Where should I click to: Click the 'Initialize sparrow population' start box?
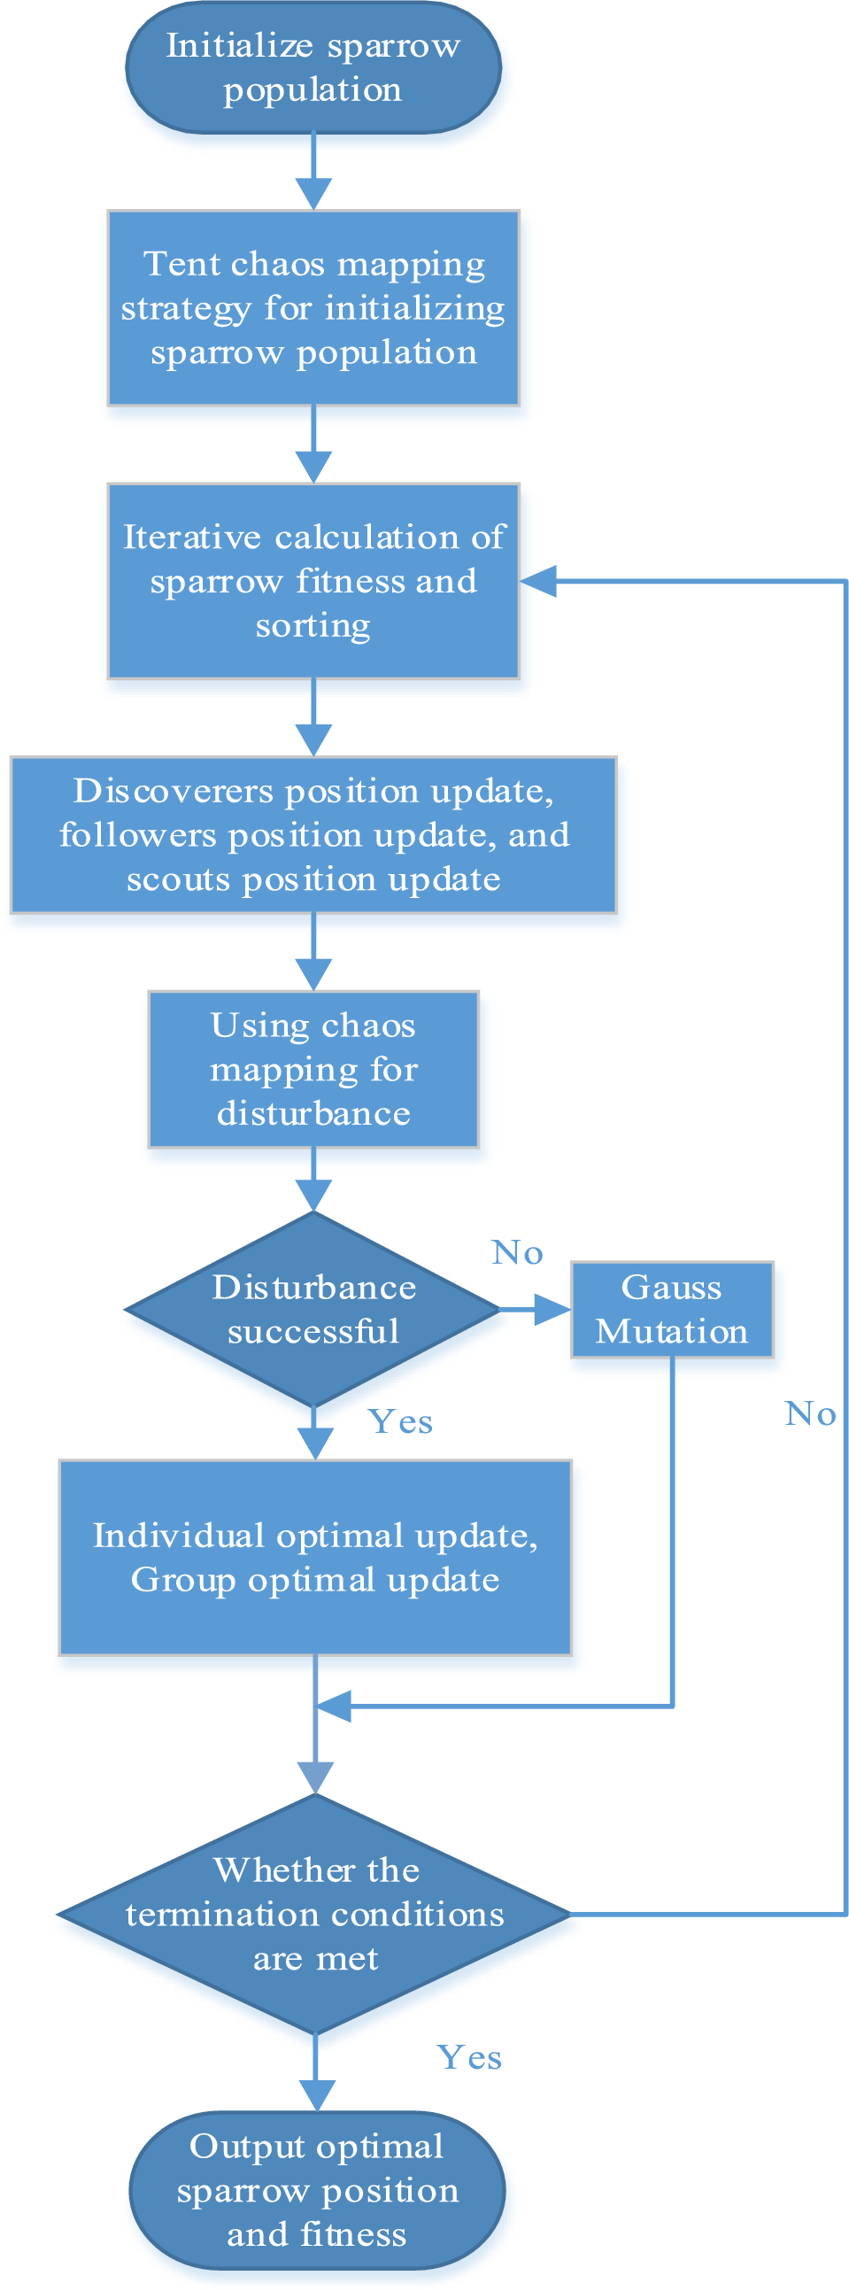tap(313, 67)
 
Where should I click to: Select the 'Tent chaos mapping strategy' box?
tap(313, 307)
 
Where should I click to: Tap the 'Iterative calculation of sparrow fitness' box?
tap(313, 581)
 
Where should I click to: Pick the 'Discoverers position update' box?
tap(313, 834)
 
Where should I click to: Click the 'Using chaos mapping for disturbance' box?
tap(313, 1069)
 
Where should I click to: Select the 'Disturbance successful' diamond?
tap(313, 1309)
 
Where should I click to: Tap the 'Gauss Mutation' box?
tap(671, 1309)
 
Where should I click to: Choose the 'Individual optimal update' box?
tap(314, 1557)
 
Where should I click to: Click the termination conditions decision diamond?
tap(314, 1913)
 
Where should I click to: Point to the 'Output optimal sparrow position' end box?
tap(316, 2190)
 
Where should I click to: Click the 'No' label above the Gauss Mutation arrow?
tap(516, 1252)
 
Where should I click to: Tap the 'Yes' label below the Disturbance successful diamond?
tap(400, 1421)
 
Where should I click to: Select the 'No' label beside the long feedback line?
tap(810, 1413)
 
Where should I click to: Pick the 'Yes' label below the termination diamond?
tap(468, 2057)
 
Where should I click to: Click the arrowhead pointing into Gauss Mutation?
tap(553, 1309)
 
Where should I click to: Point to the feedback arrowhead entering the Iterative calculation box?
tap(538, 581)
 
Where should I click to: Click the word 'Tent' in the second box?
tap(170, 264)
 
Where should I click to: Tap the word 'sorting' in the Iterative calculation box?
tap(313, 626)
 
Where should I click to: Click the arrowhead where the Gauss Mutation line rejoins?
tap(334, 1707)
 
